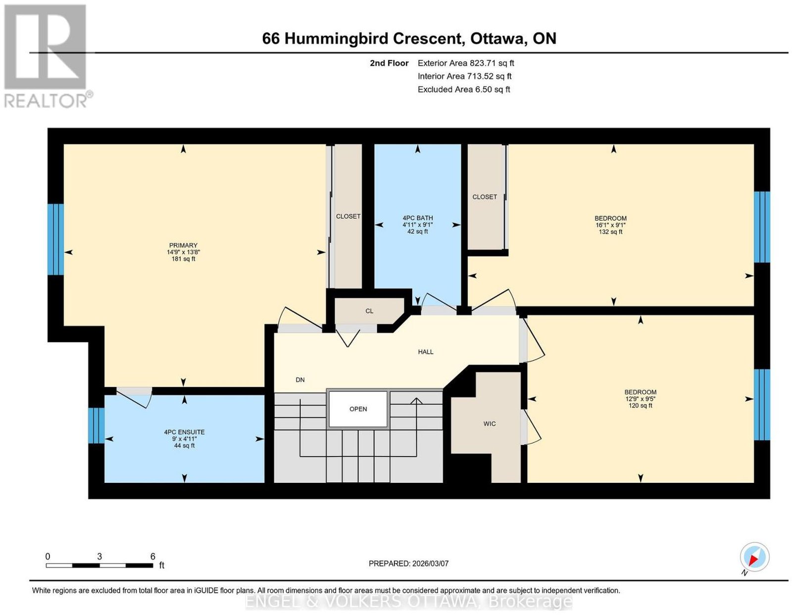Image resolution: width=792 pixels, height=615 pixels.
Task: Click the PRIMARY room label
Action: pyautogui.click(x=183, y=245)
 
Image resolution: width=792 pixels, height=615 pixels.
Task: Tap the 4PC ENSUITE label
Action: pyautogui.click(x=185, y=432)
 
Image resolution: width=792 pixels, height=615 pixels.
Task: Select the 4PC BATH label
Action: pyautogui.click(x=418, y=218)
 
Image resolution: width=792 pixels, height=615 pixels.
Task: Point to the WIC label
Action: pyautogui.click(x=490, y=424)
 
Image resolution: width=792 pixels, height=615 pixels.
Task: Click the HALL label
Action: pyautogui.click(x=426, y=352)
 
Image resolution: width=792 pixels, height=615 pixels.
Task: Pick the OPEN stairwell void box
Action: pyautogui.click(x=358, y=409)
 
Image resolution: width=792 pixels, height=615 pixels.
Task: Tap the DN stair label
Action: pyautogui.click(x=300, y=380)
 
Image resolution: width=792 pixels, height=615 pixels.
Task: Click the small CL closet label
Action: pyautogui.click(x=369, y=311)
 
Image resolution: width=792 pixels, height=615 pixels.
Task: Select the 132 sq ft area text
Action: pyautogui.click(x=610, y=232)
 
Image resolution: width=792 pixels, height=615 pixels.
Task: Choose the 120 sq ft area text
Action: pyautogui.click(x=641, y=405)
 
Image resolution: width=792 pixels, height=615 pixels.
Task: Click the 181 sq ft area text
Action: pyautogui.click(x=183, y=259)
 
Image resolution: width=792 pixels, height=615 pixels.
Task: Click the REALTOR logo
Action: pyautogui.click(x=48, y=56)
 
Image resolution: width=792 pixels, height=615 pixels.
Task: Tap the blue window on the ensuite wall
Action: pyautogui.click(x=96, y=426)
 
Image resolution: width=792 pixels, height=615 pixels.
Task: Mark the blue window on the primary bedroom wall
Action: pyautogui.click(x=55, y=239)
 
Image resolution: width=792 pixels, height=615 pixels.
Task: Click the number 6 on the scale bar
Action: pyautogui.click(x=153, y=557)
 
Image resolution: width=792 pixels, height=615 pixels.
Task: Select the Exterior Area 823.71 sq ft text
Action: pyautogui.click(x=466, y=63)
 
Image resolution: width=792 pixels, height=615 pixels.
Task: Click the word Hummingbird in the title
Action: pyautogui.click(x=373, y=38)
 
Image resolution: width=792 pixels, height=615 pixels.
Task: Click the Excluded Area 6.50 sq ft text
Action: pyautogui.click(x=464, y=89)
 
